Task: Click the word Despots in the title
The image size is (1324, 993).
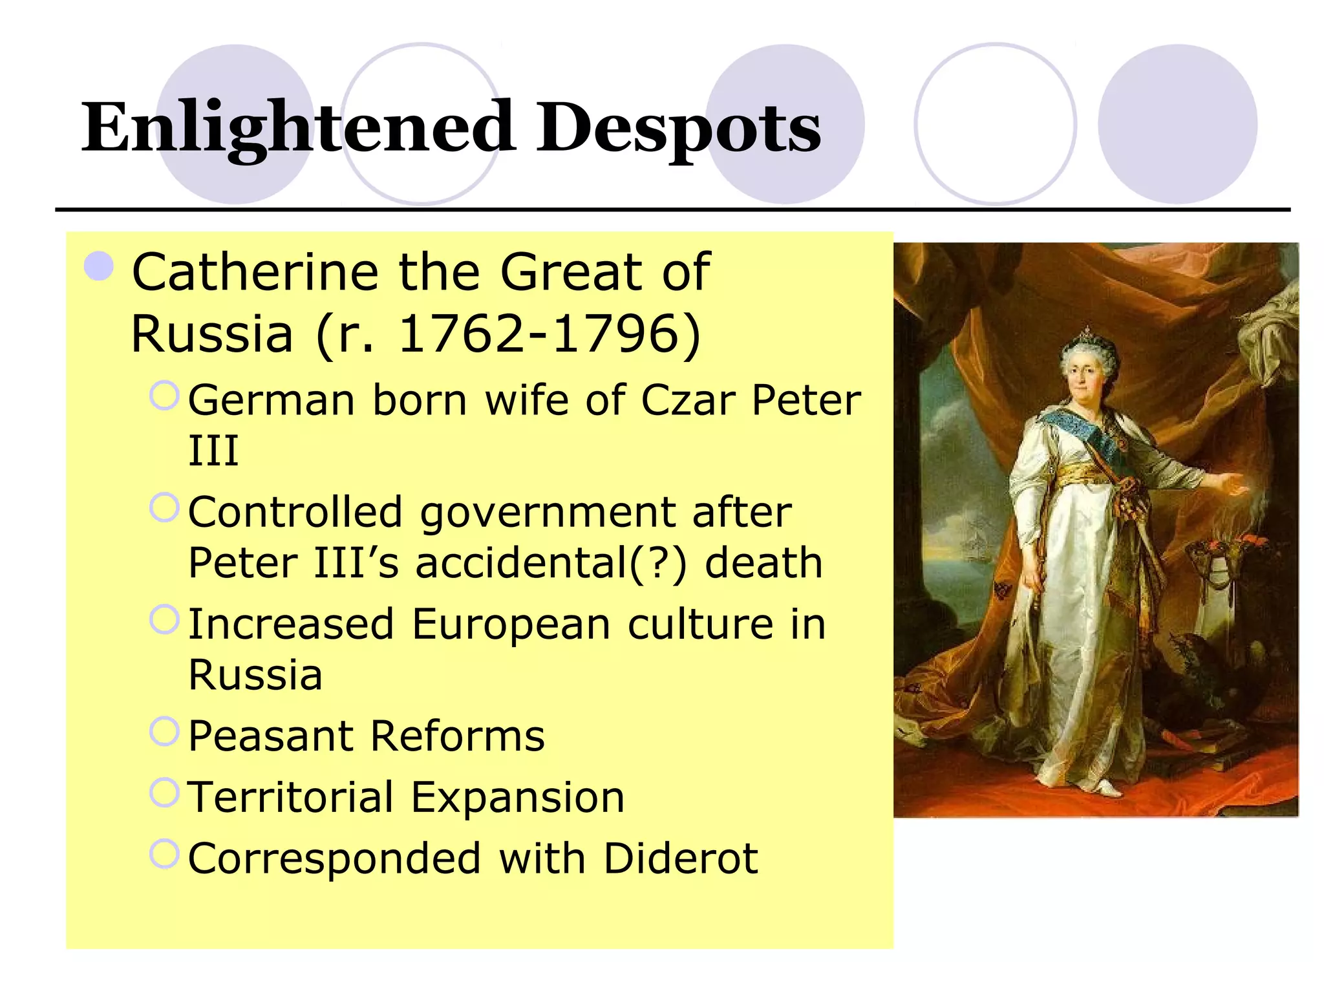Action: [678, 128]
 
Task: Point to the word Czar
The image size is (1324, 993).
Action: [688, 401]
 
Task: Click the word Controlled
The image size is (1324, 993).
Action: [295, 513]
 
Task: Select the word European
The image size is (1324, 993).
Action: [511, 625]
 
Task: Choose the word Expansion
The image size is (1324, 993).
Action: [518, 797]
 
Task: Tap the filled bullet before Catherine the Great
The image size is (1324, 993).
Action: [99, 266]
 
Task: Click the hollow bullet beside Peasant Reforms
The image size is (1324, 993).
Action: [164, 732]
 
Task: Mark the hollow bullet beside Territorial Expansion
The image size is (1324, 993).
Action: [164, 793]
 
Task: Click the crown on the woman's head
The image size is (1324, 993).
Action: [1089, 336]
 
